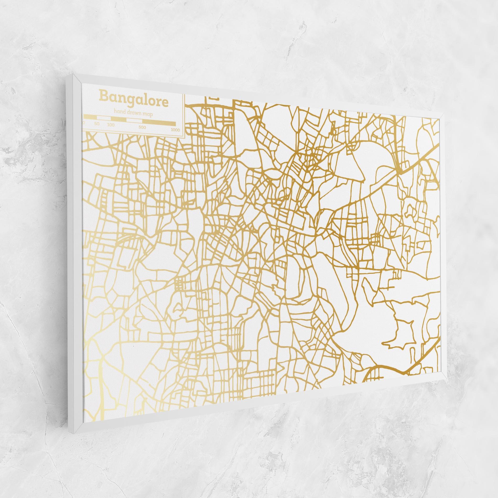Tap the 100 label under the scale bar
point(111,125)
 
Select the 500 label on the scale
point(142,127)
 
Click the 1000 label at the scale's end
point(175,130)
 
